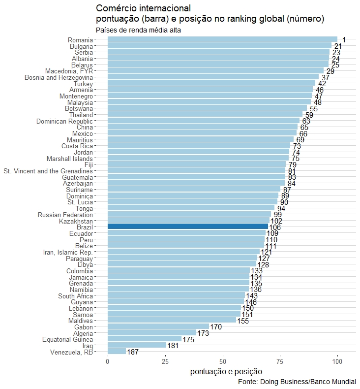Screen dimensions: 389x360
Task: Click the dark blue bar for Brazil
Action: coord(188,227)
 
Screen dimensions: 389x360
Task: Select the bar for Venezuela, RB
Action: coord(117,352)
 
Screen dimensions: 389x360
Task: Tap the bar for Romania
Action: coord(222,39)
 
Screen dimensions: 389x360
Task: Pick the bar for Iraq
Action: coord(137,345)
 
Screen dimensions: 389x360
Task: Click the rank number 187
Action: coord(133,352)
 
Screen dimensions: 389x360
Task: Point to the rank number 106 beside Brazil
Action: coord(275,227)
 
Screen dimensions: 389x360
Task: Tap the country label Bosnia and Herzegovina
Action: coord(65,77)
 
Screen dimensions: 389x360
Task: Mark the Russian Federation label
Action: coord(65,215)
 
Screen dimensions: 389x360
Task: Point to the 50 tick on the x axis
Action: coord(223,362)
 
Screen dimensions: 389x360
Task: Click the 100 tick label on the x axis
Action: coord(337,362)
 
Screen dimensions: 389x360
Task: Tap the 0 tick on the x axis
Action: coord(108,362)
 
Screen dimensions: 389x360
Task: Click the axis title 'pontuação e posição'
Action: coord(226,372)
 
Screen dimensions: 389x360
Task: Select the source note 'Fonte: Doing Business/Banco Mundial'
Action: coord(297,382)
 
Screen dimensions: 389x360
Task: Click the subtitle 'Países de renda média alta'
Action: coord(139,31)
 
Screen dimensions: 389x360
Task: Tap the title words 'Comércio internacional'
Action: coord(143,8)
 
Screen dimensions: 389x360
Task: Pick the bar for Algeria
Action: coord(151,333)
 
